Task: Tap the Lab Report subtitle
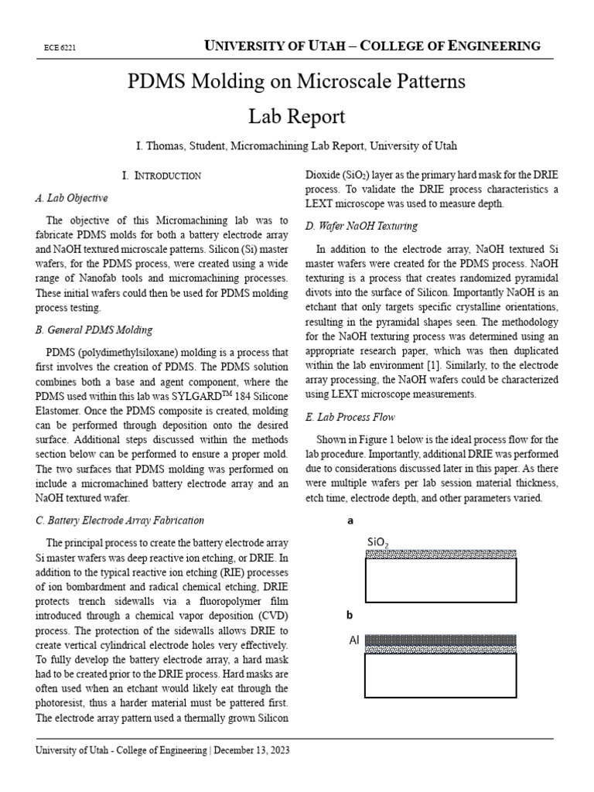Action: (x=296, y=117)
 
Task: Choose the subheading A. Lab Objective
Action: (x=72, y=198)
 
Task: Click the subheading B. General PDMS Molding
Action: (x=94, y=330)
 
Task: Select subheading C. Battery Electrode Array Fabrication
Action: (x=120, y=521)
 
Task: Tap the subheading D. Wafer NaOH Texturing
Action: (x=361, y=226)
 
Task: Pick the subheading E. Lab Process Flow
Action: (x=350, y=417)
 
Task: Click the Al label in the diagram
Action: (x=354, y=640)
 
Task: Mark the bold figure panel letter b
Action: (x=349, y=616)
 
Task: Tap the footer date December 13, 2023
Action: (x=251, y=750)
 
